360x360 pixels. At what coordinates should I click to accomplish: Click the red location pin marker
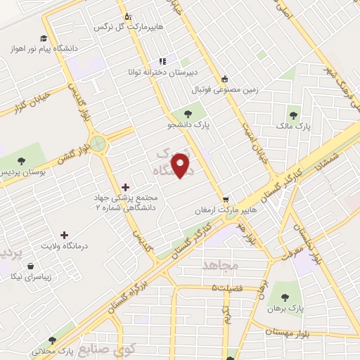(x=181, y=166)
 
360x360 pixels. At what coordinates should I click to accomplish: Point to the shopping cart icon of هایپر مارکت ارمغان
(x=226, y=198)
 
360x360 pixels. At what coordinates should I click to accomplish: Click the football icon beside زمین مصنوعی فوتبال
(x=224, y=79)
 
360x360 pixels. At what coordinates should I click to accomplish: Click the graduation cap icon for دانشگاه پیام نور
(x=44, y=39)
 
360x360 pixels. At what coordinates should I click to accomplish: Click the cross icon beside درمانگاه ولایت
(x=64, y=235)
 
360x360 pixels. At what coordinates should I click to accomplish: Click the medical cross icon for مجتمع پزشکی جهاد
(x=125, y=187)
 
